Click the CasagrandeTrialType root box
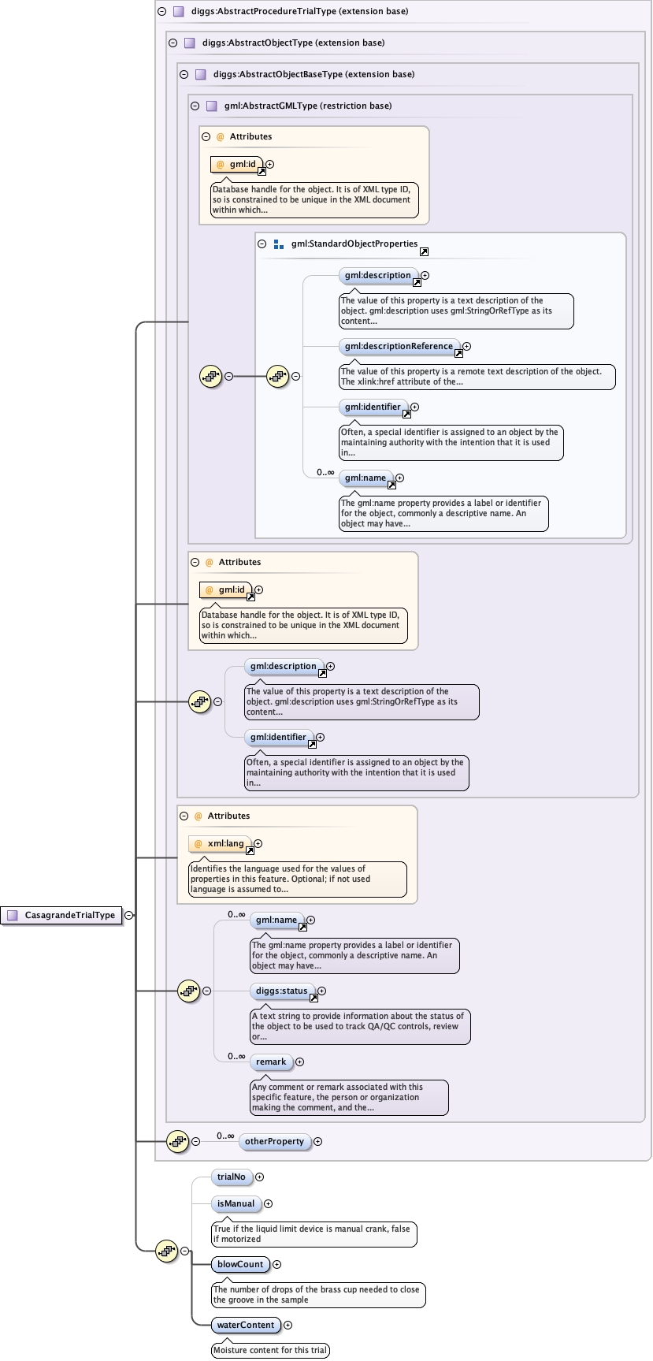(x=62, y=915)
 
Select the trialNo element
(x=232, y=1177)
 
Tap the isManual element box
(x=236, y=1203)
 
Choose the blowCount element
(x=240, y=1264)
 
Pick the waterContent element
(x=246, y=1325)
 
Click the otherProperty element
(x=274, y=1141)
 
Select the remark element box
(x=271, y=1062)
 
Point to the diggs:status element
(x=282, y=991)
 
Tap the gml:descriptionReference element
(x=399, y=346)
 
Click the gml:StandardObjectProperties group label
(x=354, y=244)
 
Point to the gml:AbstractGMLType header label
(x=307, y=106)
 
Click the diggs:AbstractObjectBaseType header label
(x=314, y=74)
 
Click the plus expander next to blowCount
(x=276, y=1264)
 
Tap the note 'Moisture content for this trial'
(x=270, y=1350)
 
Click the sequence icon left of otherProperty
(x=178, y=1140)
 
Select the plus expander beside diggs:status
(x=321, y=991)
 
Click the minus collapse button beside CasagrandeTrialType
(x=128, y=915)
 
